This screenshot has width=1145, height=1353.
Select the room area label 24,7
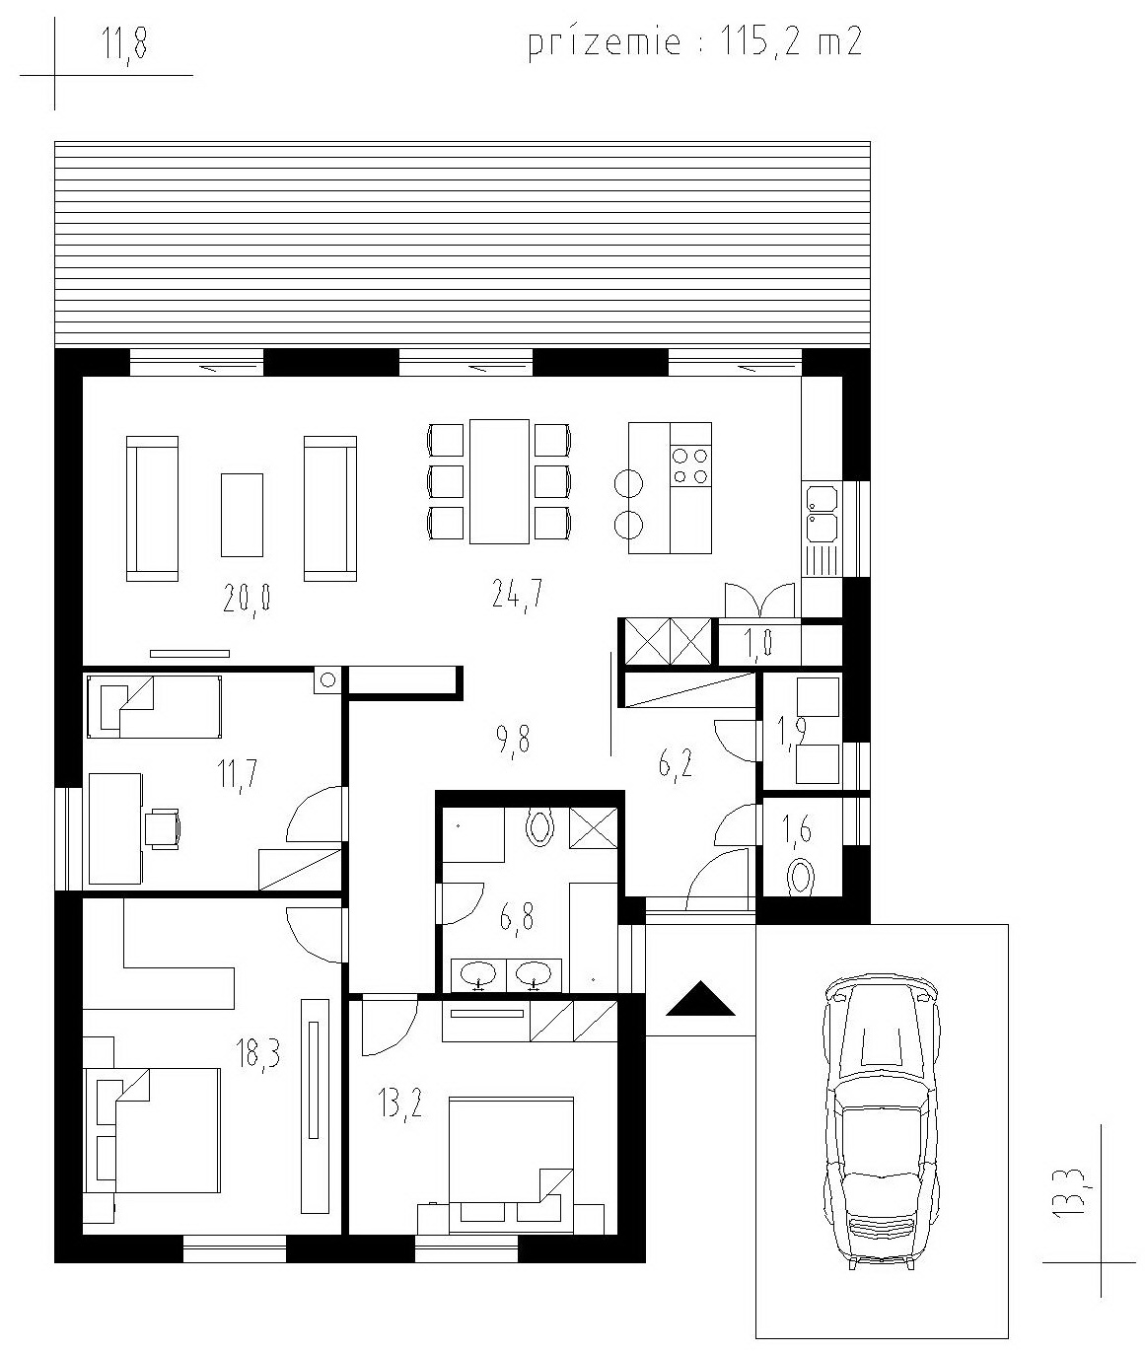[517, 593]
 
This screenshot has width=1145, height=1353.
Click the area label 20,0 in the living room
[248, 599]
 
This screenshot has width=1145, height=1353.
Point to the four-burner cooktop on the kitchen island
[690, 465]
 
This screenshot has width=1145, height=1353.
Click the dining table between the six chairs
[499, 481]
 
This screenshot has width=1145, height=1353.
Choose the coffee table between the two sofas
[243, 515]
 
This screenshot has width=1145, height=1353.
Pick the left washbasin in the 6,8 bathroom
[479, 975]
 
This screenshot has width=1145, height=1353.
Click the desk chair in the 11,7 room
[162, 829]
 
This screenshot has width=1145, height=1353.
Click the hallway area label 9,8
[513, 740]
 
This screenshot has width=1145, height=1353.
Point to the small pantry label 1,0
[758, 644]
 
